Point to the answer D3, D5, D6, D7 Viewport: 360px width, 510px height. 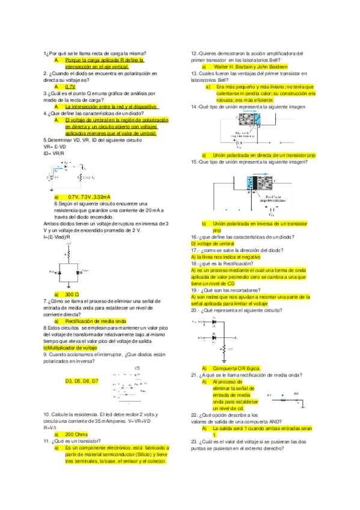82,381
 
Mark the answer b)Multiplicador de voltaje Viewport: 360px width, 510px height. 70,348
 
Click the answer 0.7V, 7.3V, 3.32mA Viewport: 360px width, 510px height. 89,197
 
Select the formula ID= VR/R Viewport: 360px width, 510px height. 54,153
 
